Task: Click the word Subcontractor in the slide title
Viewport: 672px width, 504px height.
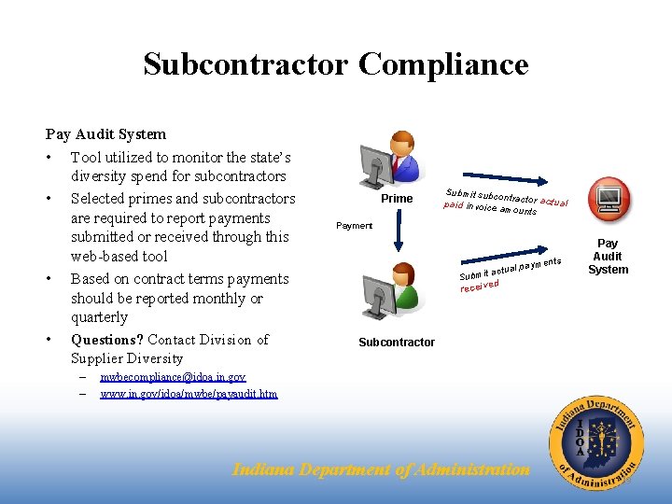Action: click(245, 64)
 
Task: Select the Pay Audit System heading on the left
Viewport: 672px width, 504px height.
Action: click(105, 134)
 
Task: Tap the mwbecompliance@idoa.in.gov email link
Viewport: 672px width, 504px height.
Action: click(173, 377)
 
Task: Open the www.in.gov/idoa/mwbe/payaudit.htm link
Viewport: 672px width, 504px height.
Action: click(189, 394)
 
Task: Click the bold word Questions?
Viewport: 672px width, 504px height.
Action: click(107, 340)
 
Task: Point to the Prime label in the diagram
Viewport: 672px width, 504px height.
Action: click(397, 199)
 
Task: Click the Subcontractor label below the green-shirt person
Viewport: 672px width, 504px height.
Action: click(397, 343)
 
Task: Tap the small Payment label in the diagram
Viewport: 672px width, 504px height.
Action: click(354, 226)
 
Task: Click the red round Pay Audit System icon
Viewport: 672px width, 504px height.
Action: click(608, 200)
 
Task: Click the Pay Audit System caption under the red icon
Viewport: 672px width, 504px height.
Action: click(608, 256)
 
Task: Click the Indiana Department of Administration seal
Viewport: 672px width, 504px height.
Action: click(595, 441)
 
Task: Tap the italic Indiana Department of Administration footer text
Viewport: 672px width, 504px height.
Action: click(380, 469)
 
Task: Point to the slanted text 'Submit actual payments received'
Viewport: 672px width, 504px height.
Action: click(509, 273)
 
